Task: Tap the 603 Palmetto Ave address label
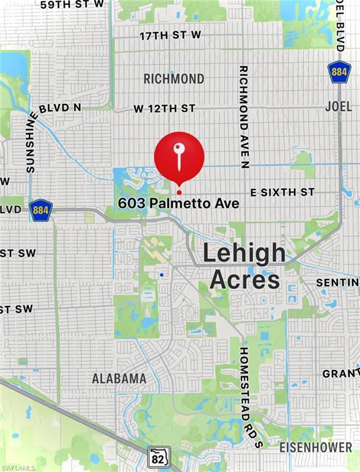tap(179, 203)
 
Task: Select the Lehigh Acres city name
tap(245, 265)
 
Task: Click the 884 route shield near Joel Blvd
tap(338, 72)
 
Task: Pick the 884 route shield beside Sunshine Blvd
tap(41, 210)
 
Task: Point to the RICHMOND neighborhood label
tap(174, 79)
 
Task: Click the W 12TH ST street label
tap(165, 109)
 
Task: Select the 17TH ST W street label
tap(170, 36)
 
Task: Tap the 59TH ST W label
tap(72, 5)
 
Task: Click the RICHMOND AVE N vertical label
tap(244, 117)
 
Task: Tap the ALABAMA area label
tap(119, 378)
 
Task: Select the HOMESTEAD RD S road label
tap(244, 397)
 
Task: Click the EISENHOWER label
tap(316, 447)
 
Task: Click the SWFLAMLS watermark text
tap(18, 468)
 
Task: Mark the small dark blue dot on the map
tap(161, 275)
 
